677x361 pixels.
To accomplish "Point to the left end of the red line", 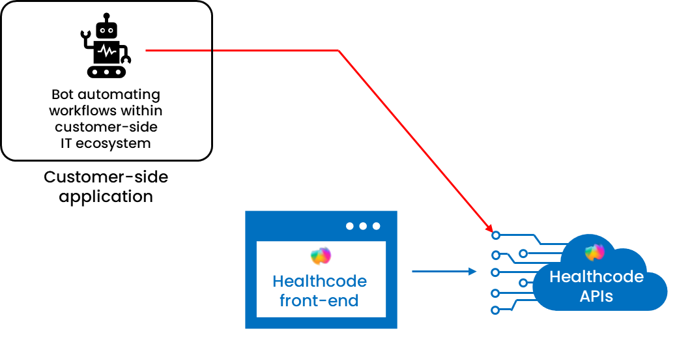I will pyautogui.click(x=147, y=50).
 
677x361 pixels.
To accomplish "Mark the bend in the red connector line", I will pyautogui.click(x=339, y=51).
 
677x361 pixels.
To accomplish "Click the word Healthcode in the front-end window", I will pyautogui.click(x=319, y=282).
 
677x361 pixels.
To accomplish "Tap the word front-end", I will pyautogui.click(x=319, y=300).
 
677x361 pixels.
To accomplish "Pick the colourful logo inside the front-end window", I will pyautogui.click(x=321, y=256).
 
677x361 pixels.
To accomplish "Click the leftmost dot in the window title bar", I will pyautogui.click(x=350, y=226).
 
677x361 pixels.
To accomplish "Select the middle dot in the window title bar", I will pyautogui.click(x=363, y=226).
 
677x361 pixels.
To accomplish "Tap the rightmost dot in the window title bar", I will pyautogui.click(x=376, y=226).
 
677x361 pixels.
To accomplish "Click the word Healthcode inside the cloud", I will pyautogui.click(x=596, y=276).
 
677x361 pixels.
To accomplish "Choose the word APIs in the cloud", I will pyautogui.click(x=596, y=296).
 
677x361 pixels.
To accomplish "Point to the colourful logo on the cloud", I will pyautogui.click(x=595, y=252).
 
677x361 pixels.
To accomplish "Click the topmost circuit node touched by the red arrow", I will pyautogui.click(x=496, y=235).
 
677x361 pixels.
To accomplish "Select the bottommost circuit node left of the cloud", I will pyautogui.click(x=495, y=310).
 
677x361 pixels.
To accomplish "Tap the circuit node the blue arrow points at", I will pyautogui.click(x=495, y=271).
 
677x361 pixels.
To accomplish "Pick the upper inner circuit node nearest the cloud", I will pyautogui.click(x=523, y=252).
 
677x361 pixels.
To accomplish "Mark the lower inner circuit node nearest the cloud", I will pyautogui.click(x=523, y=282).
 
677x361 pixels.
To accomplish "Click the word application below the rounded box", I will pyautogui.click(x=106, y=196).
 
